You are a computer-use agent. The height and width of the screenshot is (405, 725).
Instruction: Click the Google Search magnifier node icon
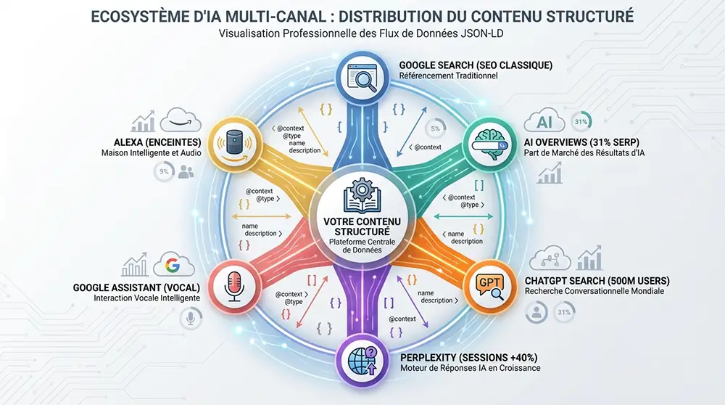[x=362, y=76]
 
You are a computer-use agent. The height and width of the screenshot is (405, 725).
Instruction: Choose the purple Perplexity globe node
[x=360, y=358]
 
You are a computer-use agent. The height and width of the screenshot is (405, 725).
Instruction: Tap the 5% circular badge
[x=436, y=128]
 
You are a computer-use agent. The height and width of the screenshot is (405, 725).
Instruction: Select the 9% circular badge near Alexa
[x=164, y=171]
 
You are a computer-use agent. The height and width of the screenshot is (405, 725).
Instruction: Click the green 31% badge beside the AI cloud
[x=581, y=120]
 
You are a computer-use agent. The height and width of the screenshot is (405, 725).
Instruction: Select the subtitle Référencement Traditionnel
[x=448, y=75]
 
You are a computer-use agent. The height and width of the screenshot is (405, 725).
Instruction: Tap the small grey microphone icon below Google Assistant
[x=191, y=317]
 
